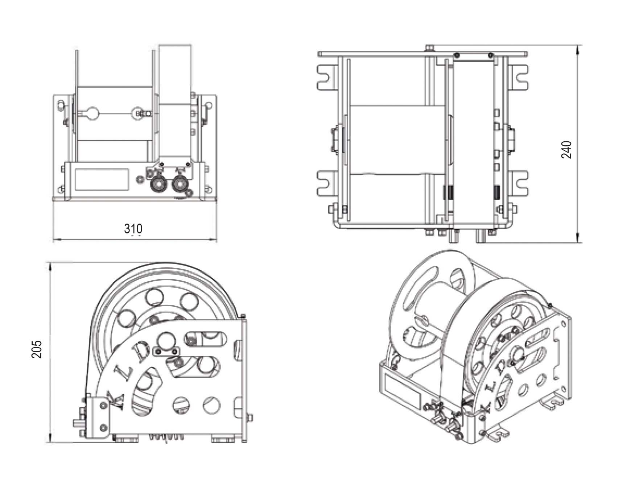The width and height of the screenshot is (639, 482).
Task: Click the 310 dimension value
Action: pos(133,229)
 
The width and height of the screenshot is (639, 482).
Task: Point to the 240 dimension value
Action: pos(566,149)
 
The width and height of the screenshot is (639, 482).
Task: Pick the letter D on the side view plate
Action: pos(140,351)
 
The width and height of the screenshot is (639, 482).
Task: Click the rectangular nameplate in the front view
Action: pos(102,179)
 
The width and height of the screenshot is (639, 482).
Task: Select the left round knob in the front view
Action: pos(158,184)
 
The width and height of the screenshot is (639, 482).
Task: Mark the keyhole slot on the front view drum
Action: pos(88,113)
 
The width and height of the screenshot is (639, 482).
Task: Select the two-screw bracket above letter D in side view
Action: pos(166,351)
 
